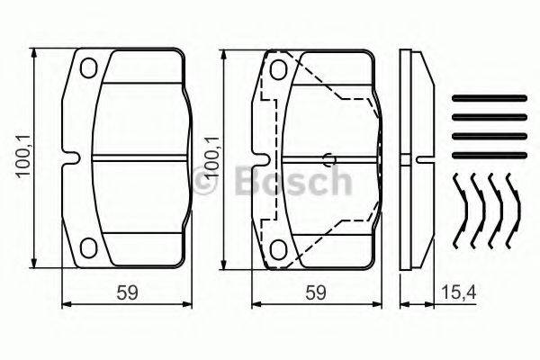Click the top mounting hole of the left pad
pos(88,68)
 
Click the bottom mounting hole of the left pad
pos(88,248)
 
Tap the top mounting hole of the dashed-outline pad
pos(279,69)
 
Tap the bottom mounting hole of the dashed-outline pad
pos(279,247)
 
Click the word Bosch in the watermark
pos(292,182)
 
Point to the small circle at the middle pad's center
pos(331,162)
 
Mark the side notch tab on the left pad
pos(65,158)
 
